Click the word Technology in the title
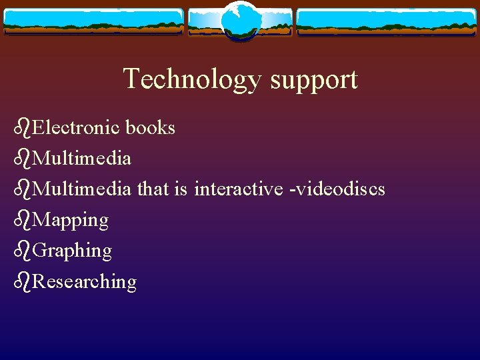(193, 79)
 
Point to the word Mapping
(70, 220)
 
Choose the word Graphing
(72, 251)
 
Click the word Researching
(84, 282)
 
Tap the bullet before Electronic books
(22, 127)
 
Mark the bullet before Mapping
(22, 219)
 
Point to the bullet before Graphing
(22, 251)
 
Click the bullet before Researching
(22, 281)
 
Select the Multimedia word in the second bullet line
(81, 158)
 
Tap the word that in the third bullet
(153, 189)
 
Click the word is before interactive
(180, 189)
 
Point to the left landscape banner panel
(93, 22)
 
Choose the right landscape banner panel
(387, 22)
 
